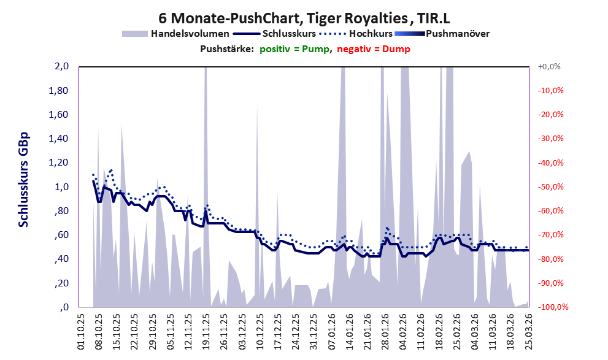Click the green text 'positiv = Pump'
295,49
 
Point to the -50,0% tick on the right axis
550,187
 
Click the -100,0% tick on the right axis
550,307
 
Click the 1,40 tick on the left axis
60,139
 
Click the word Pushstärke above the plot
226,49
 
